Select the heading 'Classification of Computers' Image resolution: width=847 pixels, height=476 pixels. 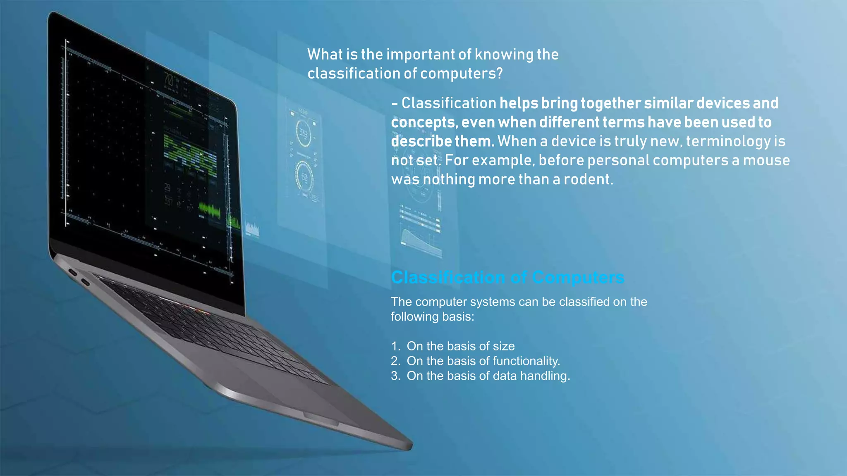click(x=507, y=277)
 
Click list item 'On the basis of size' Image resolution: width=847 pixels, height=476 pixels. click(x=460, y=346)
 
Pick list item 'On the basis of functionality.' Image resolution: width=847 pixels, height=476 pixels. click(x=483, y=361)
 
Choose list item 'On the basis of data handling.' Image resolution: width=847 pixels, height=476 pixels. click(x=488, y=376)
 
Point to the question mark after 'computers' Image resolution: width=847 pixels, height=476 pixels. click(x=500, y=74)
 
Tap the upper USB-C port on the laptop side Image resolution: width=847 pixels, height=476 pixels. click(x=73, y=272)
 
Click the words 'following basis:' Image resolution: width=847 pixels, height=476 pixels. click(x=432, y=317)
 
